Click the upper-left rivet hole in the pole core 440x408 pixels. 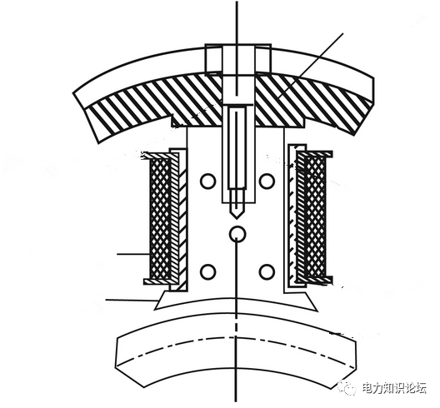click(x=208, y=182)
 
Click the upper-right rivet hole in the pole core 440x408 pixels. click(x=267, y=182)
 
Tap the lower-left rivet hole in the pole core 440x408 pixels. click(x=208, y=271)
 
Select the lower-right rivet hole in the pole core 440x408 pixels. click(x=267, y=271)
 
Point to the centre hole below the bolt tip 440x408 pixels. click(x=237, y=234)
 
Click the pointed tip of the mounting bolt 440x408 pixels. click(x=237, y=218)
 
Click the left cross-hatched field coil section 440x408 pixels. click(x=160, y=218)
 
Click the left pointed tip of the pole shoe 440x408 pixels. click(x=155, y=309)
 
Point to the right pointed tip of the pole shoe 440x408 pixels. click(x=318, y=311)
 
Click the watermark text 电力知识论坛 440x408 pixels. click(x=394, y=388)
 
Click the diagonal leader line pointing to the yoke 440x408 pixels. click(x=312, y=66)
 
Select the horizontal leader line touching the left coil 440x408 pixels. click(x=132, y=254)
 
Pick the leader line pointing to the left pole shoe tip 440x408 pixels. click(x=131, y=301)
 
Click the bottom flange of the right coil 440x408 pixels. click(x=314, y=280)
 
